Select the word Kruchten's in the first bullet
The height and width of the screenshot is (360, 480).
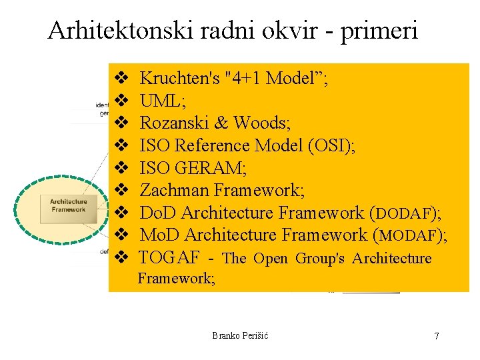(179, 79)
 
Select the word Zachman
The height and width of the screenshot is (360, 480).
(174, 191)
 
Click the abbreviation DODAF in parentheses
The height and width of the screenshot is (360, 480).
(405, 214)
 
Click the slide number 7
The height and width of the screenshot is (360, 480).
(437, 336)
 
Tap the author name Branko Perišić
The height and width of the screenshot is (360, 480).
(240, 335)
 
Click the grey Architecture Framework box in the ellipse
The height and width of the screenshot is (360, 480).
(69, 205)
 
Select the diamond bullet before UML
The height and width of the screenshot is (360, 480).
(121, 101)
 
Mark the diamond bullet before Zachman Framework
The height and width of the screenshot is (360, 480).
(121, 191)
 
